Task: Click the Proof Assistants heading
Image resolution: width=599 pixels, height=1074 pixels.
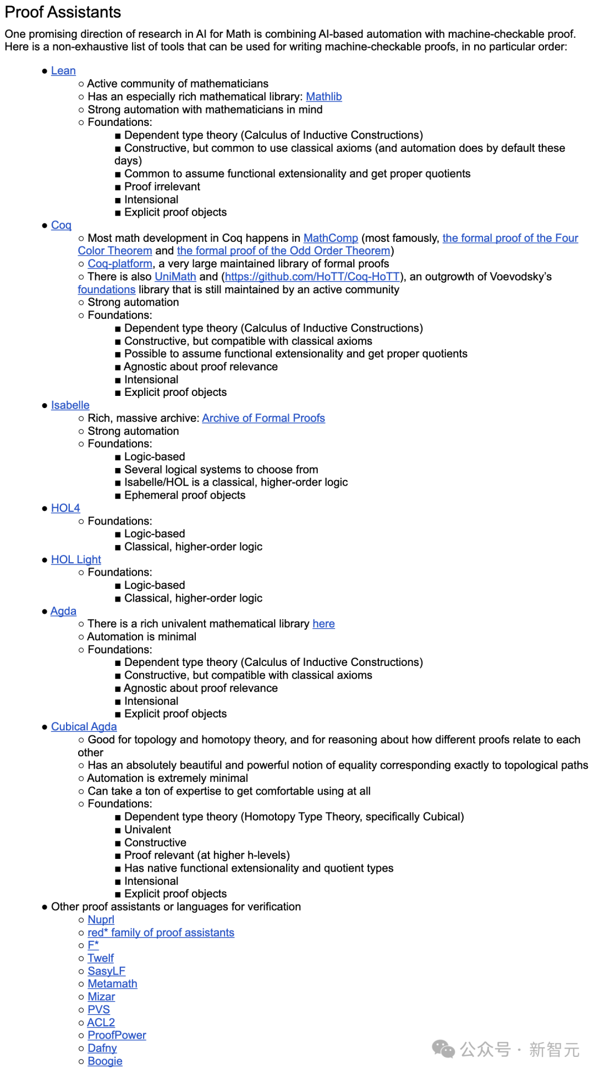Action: (x=63, y=12)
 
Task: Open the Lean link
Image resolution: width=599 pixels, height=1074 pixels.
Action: (x=63, y=70)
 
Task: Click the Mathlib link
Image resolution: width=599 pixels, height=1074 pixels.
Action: (x=323, y=96)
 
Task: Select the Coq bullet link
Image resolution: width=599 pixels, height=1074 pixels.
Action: (x=61, y=225)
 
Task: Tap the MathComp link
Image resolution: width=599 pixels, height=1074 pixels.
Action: (x=331, y=238)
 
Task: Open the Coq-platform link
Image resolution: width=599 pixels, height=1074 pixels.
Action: (x=120, y=263)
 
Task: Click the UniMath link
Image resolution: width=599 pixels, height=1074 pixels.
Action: (x=175, y=276)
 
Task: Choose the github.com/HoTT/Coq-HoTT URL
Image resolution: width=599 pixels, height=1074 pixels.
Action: (x=312, y=276)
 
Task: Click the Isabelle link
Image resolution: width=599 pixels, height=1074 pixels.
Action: (x=70, y=405)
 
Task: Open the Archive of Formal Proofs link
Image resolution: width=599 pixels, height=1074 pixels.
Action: (x=263, y=418)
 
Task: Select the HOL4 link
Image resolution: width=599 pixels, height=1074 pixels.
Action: (x=65, y=508)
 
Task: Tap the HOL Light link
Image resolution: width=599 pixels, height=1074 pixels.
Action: (x=76, y=559)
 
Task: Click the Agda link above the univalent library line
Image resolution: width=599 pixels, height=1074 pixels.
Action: (x=63, y=611)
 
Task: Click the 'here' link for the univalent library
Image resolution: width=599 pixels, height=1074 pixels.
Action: (x=323, y=624)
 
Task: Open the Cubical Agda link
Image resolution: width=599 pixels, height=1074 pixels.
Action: (x=84, y=727)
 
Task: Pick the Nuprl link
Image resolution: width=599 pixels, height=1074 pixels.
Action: (x=101, y=920)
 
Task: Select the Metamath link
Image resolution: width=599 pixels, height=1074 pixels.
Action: (x=112, y=984)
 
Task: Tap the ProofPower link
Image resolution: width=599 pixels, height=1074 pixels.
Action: (x=116, y=1035)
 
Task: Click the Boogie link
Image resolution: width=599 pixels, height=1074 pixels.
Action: (x=105, y=1061)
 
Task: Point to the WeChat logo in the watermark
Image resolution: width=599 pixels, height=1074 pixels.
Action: (x=443, y=1049)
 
